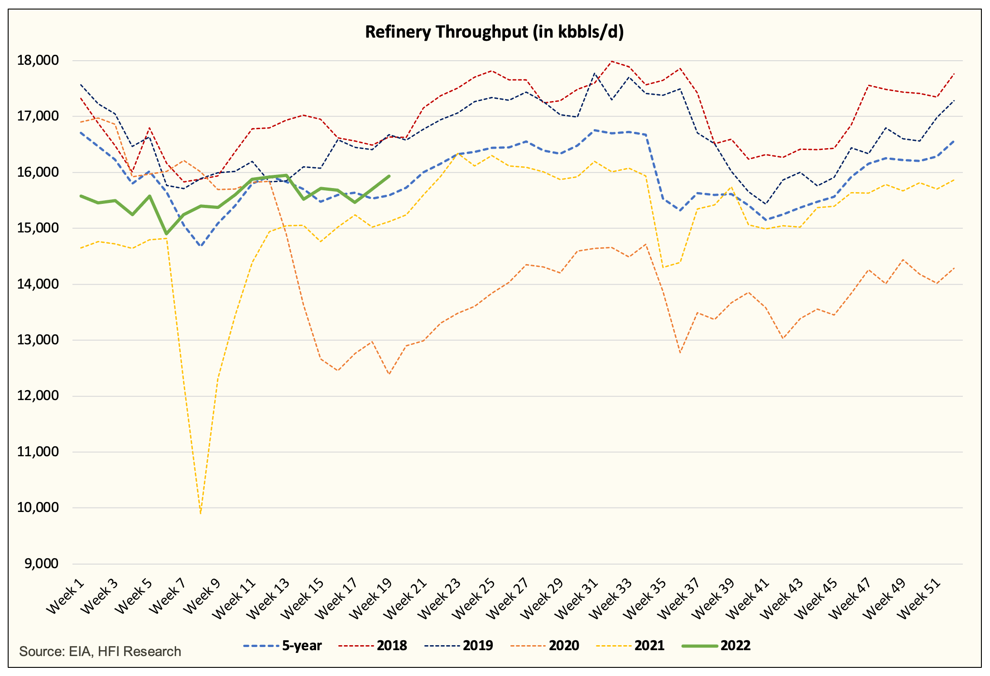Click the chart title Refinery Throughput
coord(494,32)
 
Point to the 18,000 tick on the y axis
coord(38,60)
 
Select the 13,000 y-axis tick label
coord(38,340)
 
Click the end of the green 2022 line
coord(389,176)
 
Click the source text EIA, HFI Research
coord(100,652)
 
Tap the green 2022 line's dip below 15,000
coord(166,234)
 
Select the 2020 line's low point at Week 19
coord(389,374)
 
